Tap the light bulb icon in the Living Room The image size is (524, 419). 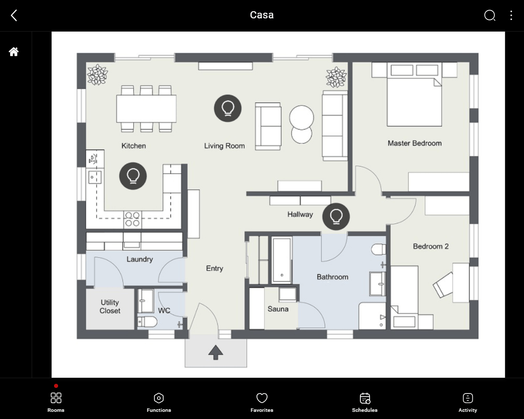tap(227, 108)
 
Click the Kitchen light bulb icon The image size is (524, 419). tap(133, 176)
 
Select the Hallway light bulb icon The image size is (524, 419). tap(336, 217)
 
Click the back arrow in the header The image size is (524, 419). tap(14, 15)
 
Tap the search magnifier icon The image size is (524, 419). tap(489, 15)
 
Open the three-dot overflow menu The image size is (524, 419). tap(511, 15)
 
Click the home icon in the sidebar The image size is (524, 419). tap(14, 52)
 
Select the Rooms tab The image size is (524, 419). tap(56, 402)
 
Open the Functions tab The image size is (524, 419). tap(159, 402)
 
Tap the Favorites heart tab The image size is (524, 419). tap(261, 402)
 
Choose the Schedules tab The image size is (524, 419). tap(364, 402)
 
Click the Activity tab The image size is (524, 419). tap(467, 402)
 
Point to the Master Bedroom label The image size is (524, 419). tap(415, 143)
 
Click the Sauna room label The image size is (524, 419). tap(278, 309)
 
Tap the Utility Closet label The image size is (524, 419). tap(110, 306)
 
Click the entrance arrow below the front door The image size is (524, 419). tap(216, 352)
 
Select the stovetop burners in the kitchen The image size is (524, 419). tap(133, 219)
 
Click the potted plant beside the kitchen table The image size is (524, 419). tap(97, 74)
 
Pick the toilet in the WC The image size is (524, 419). tap(147, 322)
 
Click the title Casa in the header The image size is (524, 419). tap(261, 15)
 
